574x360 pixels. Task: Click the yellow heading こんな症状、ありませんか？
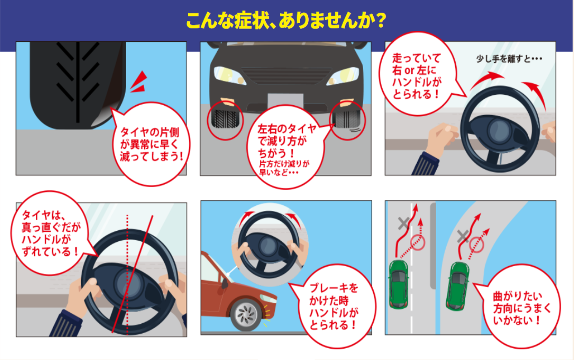coord(286,21)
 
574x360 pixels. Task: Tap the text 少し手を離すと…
coord(509,59)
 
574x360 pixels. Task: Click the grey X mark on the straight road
coord(404,223)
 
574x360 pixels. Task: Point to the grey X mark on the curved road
coord(463,236)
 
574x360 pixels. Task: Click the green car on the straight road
coord(398,284)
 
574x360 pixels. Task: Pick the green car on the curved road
coord(457,286)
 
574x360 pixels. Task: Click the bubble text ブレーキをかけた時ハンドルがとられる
coord(334,306)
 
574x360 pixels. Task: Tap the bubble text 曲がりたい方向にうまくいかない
coord(521,308)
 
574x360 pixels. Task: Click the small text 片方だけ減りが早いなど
coord(284,168)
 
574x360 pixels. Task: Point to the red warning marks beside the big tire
coord(139,82)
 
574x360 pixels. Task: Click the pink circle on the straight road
coord(418,243)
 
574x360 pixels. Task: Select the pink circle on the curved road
coord(477,245)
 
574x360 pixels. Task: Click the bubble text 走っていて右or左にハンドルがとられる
coord(417,76)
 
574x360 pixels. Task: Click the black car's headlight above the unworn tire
coord(229,75)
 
